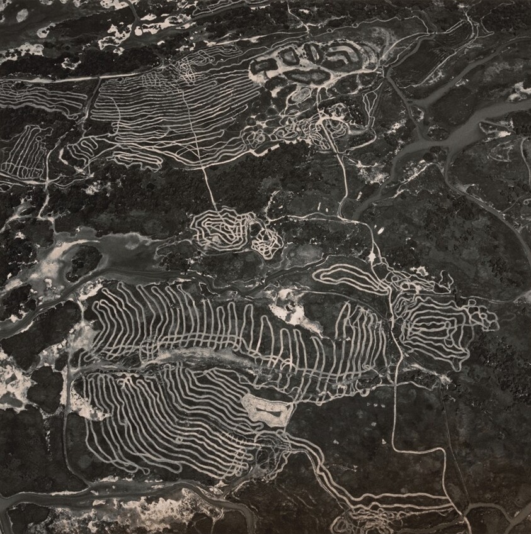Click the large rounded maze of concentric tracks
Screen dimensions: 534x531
click(x=220, y=230)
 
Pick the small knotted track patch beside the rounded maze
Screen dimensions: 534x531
click(x=267, y=240)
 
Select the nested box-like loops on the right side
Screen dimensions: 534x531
click(x=441, y=321)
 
